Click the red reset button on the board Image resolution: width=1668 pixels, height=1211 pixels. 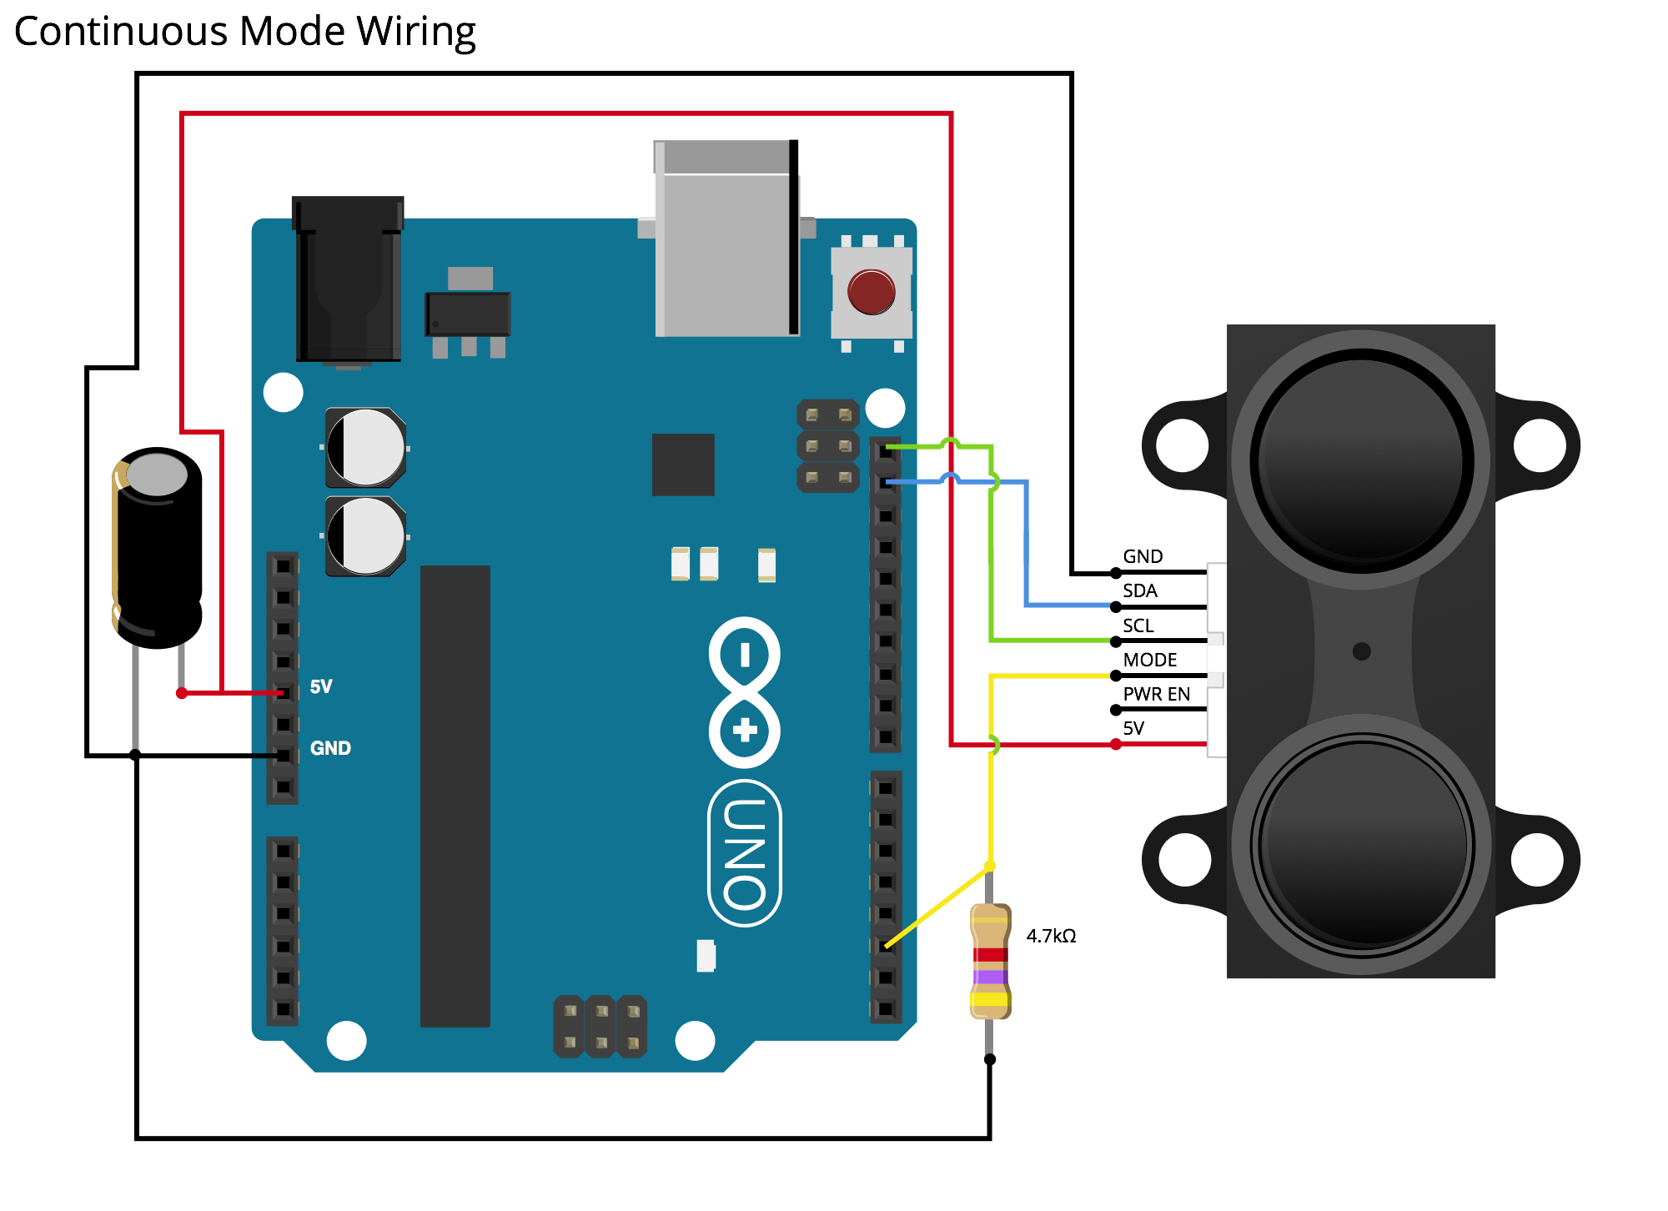click(871, 291)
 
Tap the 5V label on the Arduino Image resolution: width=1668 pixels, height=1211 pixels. click(321, 686)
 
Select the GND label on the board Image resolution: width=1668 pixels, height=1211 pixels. click(330, 748)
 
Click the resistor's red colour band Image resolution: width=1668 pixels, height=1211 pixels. click(991, 955)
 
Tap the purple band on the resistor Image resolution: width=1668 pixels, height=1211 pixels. click(991, 977)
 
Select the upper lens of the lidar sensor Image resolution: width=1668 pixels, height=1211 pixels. click(1360, 460)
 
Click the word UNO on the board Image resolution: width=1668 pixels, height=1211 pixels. click(744, 853)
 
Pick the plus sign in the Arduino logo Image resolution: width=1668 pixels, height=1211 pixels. click(745, 731)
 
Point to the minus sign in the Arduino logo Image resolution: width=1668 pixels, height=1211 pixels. click(745, 655)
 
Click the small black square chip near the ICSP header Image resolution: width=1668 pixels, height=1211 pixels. click(683, 465)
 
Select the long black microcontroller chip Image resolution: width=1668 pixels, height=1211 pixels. click(455, 796)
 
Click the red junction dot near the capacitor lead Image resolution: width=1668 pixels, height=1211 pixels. click(182, 693)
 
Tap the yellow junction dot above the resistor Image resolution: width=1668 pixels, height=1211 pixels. click(990, 866)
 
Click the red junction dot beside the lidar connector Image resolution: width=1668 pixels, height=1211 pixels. click(1116, 744)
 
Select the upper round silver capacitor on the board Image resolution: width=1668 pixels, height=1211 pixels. click(365, 448)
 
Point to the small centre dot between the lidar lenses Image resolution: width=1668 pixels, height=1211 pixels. click(1361, 651)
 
